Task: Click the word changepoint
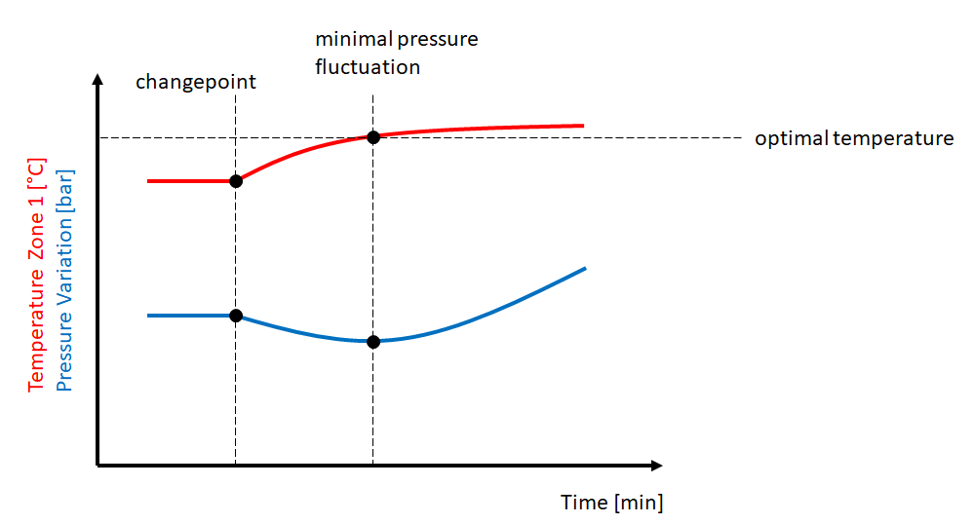[x=195, y=82]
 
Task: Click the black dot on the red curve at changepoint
[x=235, y=181]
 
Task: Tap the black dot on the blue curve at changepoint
[x=235, y=316]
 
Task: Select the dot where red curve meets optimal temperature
[x=372, y=136]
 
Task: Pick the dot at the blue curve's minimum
[x=372, y=341]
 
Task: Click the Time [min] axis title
[x=611, y=503]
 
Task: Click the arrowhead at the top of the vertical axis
[x=97, y=80]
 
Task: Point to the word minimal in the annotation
[x=353, y=41]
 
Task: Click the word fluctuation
[x=368, y=68]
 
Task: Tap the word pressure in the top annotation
[x=439, y=41]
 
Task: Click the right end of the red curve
[x=582, y=126]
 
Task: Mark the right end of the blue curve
[x=584, y=268]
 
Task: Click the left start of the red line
[x=149, y=181]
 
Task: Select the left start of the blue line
[x=149, y=316]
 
